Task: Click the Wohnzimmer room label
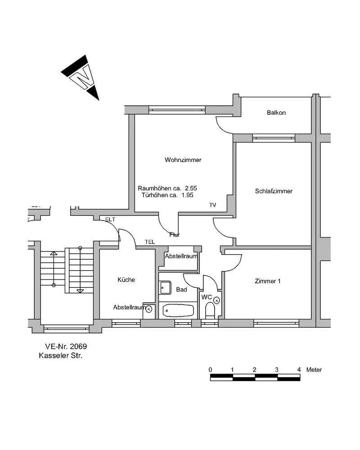coord(183,160)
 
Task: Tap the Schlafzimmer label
coord(274,191)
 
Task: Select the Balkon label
coord(276,113)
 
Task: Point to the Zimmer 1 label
coord(267,282)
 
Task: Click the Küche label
coord(126,280)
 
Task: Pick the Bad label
coord(181,290)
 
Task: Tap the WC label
coord(207,297)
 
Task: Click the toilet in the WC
coord(210,311)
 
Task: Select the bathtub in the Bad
coord(178,310)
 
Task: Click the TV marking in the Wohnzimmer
coord(212,205)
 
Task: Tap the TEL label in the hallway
coord(150,242)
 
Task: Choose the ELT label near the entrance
coord(110,220)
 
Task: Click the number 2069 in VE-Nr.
coord(78,347)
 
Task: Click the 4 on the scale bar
coord(299,370)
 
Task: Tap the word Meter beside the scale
coord(314,370)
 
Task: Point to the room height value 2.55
coord(191,189)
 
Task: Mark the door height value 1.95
coord(187,195)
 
